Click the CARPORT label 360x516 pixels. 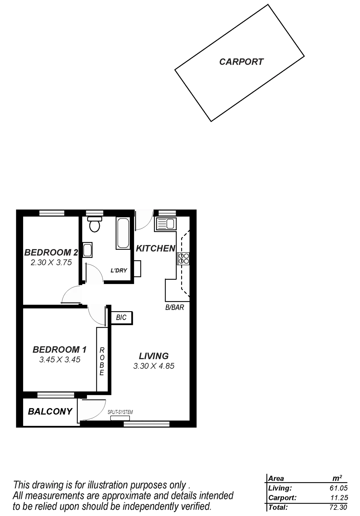pyautogui.click(x=241, y=62)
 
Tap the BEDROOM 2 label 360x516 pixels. pyautogui.click(x=51, y=252)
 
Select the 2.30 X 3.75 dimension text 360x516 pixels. pyautogui.click(x=51, y=263)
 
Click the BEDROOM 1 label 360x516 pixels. pyautogui.click(x=60, y=350)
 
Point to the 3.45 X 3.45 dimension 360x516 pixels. pyautogui.click(x=60, y=359)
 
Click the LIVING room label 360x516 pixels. pyautogui.click(x=154, y=356)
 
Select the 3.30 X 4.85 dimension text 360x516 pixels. pyautogui.click(x=154, y=366)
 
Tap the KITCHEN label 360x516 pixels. pyautogui.click(x=155, y=249)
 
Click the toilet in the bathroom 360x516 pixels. pyautogui.click(x=94, y=225)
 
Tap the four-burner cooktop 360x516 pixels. pyautogui.click(x=184, y=258)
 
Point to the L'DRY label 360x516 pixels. pyautogui.click(x=119, y=270)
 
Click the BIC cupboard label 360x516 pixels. pyautogui.click(x=121, y=318)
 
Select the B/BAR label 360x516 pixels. pyautogui.click(x=175, y=308)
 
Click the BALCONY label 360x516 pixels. pyautogui.click(x=50, y=412)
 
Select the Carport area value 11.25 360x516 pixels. pyautogui.click(x=339, y=498)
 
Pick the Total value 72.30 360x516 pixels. pyautogui.click(x=338, y=508)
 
